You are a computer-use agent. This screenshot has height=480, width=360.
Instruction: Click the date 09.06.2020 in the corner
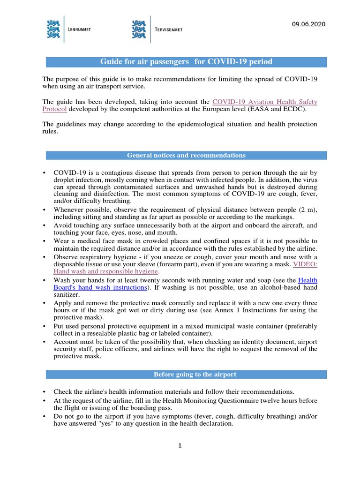click(x=308, y=24)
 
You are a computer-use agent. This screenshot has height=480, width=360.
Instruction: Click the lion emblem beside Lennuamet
click(x=53, y=29)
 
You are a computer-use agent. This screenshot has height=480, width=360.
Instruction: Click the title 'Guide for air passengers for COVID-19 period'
click(x=186, y=62)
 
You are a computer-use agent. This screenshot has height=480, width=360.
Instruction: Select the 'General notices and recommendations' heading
click(x=186, y=155)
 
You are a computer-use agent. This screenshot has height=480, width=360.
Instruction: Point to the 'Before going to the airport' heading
click(x=186, y=374)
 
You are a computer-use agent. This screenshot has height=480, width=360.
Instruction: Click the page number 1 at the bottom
click(x=180, y=445)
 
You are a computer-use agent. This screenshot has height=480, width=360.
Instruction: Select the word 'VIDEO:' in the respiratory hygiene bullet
click(x=305, y=264)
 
